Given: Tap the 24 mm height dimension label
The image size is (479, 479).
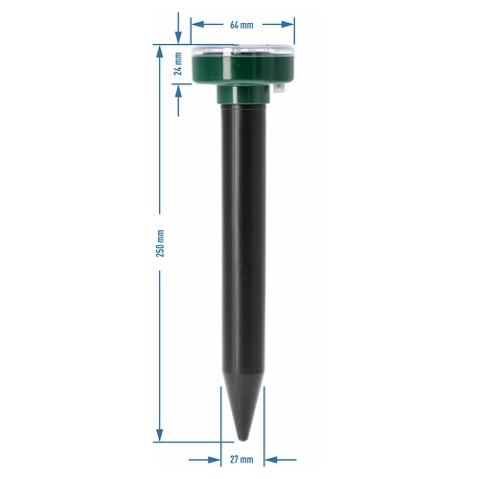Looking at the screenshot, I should tap(178, 64).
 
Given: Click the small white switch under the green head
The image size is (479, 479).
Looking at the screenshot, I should tap(282, 88).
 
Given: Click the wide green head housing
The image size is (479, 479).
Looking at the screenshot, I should tap(241, 69).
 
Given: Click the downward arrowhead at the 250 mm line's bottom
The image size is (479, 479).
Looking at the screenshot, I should tap(160, 436).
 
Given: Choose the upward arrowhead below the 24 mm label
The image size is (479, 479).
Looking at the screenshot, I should tap(178, 89).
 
